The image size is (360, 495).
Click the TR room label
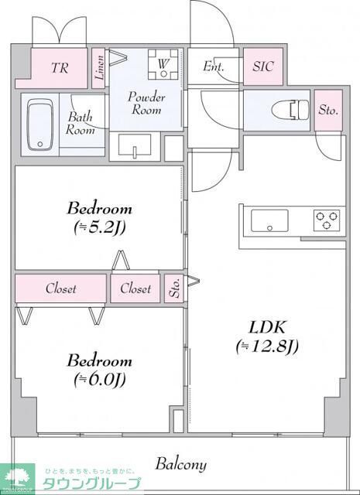tap(60, 67)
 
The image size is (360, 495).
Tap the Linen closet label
tap(99, 66)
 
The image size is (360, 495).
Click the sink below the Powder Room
tap(136, 145)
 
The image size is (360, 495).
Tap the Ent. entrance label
tap(214, 67)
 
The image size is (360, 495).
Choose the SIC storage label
tap(263, 67)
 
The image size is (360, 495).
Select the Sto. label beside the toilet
tap(328, 111)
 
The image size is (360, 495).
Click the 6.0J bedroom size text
tap(99, 379)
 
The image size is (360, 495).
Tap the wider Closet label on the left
tap(60, 288)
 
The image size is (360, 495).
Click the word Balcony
tap(180, 464)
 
